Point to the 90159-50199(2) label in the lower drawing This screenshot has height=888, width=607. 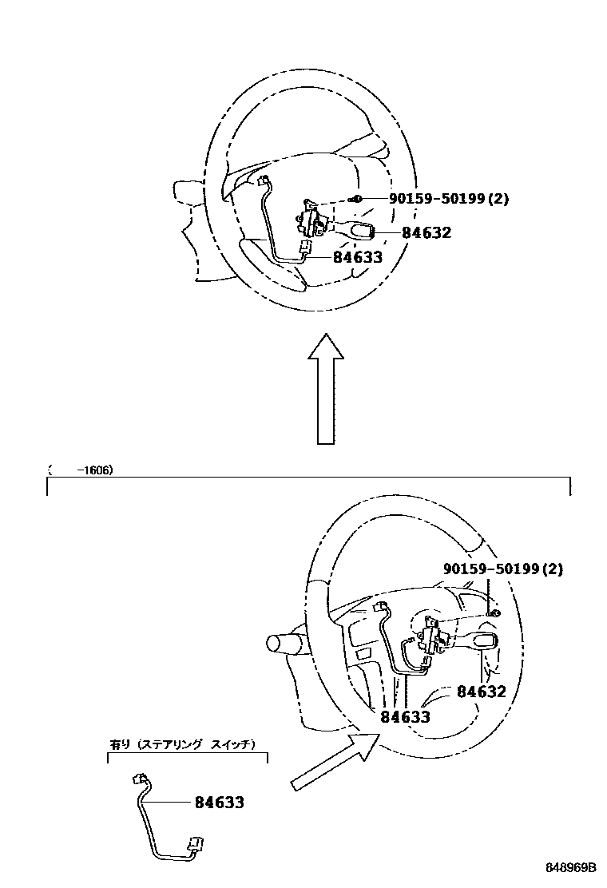coord(503,569)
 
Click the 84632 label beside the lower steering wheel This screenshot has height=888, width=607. coord(482,692)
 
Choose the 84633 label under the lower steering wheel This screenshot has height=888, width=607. coord(405,717)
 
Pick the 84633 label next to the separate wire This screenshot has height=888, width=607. coord(220,803)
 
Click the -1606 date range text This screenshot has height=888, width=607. coord(94,470)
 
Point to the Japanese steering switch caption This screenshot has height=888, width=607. coord(182,744)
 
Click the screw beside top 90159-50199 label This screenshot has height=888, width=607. coord(359,199)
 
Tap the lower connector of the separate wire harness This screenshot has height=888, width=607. coord(194,844)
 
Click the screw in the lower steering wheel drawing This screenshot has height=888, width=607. coord(495,612)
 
